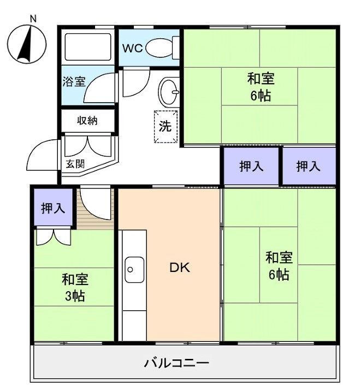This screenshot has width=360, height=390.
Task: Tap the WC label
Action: click(x=132, y=48)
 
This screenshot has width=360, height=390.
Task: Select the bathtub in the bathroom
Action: click(x=87, y=47)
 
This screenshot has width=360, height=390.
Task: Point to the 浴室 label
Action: click(x=73, y=82)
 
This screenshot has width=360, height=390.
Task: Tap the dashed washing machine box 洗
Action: click(x=166, y=127)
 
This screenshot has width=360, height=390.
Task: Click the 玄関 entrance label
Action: click(x=75, y=163)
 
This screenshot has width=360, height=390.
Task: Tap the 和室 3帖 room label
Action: click(x=75, y=288)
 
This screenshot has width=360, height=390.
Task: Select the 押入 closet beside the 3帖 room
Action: click(x=54, y=208)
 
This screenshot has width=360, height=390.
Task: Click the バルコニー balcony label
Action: click(x=176, y=363)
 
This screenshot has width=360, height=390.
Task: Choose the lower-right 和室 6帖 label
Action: click(x=279, y=265)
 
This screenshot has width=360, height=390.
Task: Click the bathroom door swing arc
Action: click(x=100, y=87)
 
